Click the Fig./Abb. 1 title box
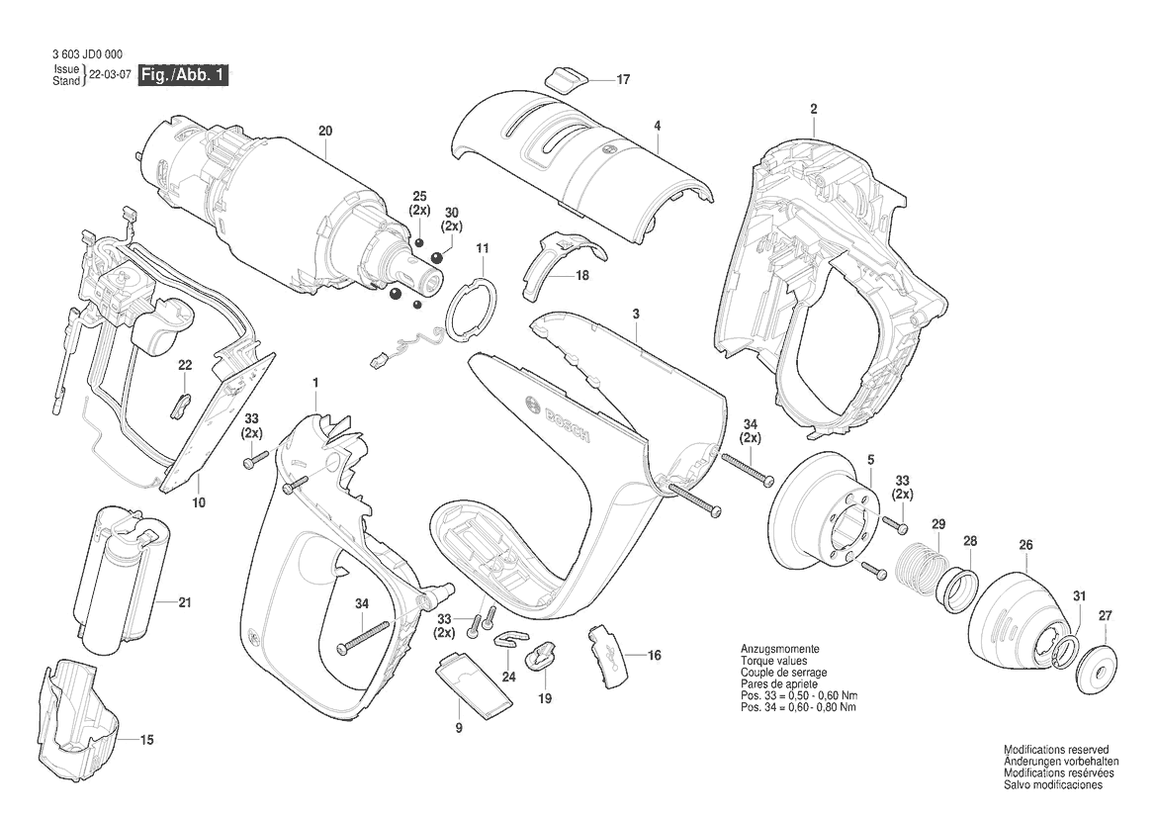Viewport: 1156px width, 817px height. [184, 75]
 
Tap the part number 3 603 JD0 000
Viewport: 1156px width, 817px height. [88, 54]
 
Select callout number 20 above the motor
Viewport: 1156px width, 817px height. [325, 132]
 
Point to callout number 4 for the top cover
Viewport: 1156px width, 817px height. [657, 126]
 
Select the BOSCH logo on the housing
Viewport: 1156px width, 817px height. [558, 418]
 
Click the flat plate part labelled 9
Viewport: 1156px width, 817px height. [473, 685]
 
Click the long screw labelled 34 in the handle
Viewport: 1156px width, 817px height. [364, 637]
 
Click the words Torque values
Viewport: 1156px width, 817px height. [774, 662]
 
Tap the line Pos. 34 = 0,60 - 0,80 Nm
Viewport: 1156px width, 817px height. [798, 707]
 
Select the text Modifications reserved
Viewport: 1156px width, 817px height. [1056, 750]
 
